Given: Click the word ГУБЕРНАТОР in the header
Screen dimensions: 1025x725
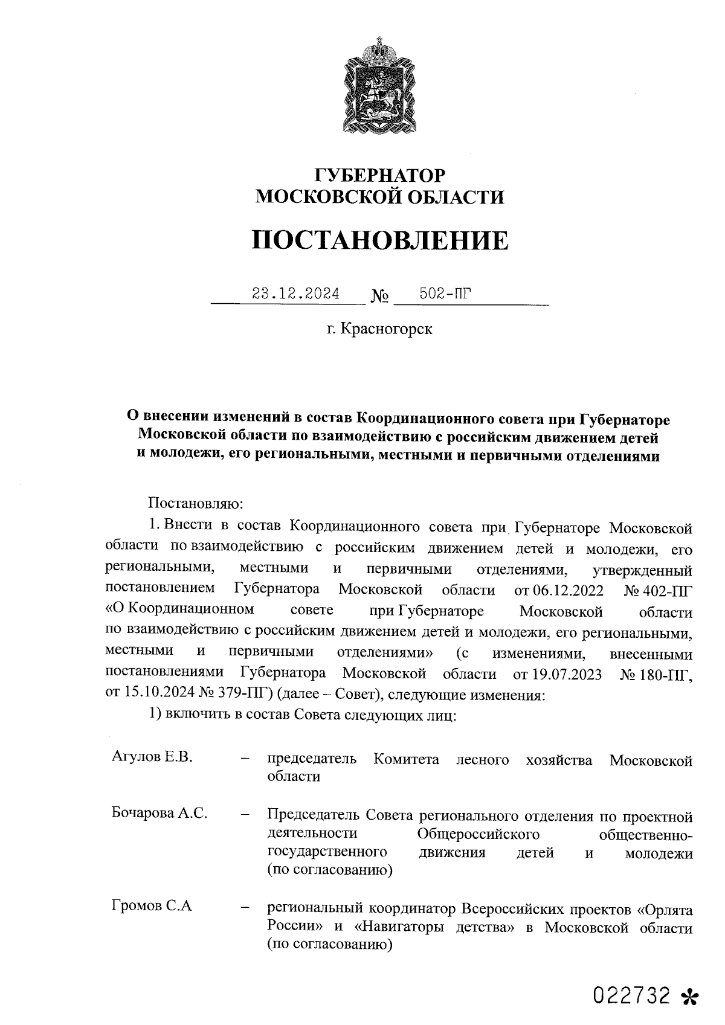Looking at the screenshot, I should pyautogui.click(x=380, y=175).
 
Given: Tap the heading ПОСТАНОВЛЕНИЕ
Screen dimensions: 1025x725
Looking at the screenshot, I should pyautogui.click(x=380, y=240).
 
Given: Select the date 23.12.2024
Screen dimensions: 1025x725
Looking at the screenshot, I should pyautogui.click(x=296, y=294).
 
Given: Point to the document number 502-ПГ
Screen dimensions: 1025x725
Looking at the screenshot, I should pyautogui.click(x=445, y=294).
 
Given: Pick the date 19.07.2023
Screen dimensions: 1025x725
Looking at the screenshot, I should pyautogui.click(x=567, y=674).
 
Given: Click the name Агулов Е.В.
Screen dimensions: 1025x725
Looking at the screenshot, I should pyautogui.click(x=152, y=757).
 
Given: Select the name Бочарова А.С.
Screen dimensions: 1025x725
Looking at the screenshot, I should pyautogui.click(x=159, y=813).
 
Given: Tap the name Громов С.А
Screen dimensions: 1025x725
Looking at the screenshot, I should pyautogui.click(x=152, y=906).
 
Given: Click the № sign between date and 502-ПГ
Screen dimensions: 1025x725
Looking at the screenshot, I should pyautogui.click(x=379, y=297).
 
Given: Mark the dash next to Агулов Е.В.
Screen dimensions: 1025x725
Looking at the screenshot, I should pyautogui.click(x=245, y=759).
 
